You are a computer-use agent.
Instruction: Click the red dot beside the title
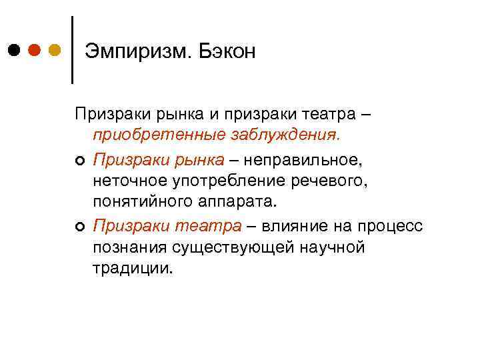click(x=35, y=50)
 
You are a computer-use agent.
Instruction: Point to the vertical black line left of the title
click(x=72, y=50)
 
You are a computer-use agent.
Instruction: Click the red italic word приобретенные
click(x=157, y=136)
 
